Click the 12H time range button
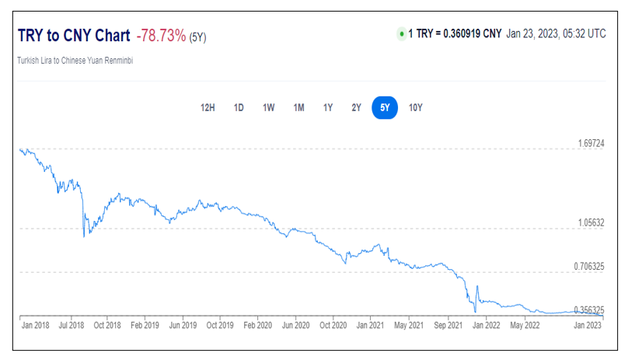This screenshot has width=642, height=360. (x=208, y=107)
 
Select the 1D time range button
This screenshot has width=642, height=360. (x=239, y=107)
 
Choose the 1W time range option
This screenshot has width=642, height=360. (x=268, y=107)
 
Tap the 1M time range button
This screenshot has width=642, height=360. (x=298, y=107)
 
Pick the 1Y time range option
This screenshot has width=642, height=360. (x=328, y=107)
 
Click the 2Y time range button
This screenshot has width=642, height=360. (x=356, y=107)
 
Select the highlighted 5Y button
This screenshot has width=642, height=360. (x=385, y=107)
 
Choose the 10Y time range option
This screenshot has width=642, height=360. (x=416, y=107)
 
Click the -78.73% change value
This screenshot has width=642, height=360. (x=161, y=36)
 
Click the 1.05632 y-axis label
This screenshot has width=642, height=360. (x=591, y=222)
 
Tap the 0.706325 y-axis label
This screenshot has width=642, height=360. (x=589, y=266)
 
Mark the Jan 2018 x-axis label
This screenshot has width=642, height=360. (x=37, y=325)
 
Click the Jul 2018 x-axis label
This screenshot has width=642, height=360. (x=72, y=325)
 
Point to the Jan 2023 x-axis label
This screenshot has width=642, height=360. (x=588, y=325)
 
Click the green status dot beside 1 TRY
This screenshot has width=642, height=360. (x=401, y=34)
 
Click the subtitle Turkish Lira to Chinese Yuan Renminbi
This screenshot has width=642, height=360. (x=75, y=61)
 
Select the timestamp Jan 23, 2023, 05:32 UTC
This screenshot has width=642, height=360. (x=556, y=34)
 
